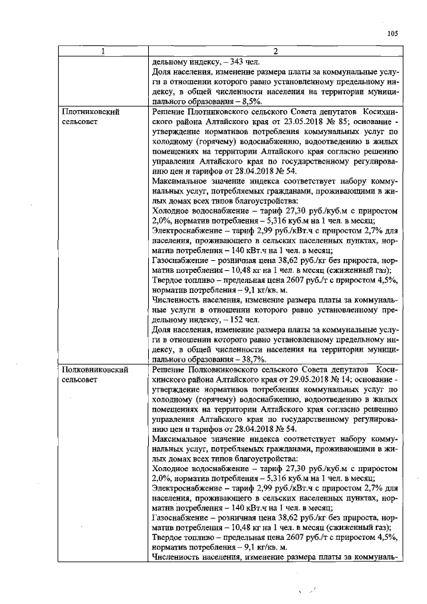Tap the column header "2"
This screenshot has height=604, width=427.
click(275, 52)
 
